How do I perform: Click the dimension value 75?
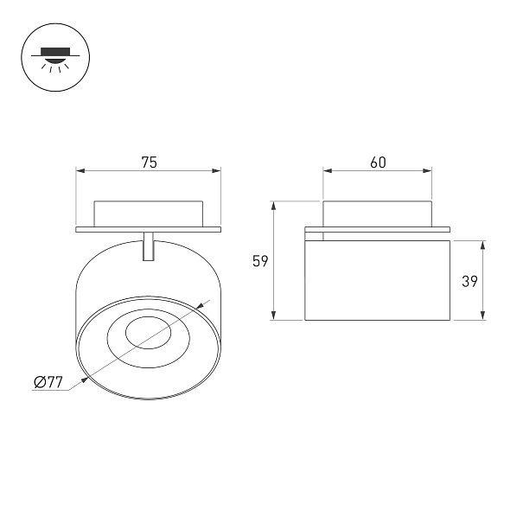tap(149, 163)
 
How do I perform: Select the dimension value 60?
tap(379, 163)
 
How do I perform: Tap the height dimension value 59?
tap(260, 261)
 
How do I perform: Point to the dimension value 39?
tap(469, 281)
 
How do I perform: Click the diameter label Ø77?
tap(48, 382)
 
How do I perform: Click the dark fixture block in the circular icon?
tap(55, 51)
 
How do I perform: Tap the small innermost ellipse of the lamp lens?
tap(149, 333)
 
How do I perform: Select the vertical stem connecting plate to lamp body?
tap(149, 246)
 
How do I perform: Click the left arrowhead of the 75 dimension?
tap(80, 171)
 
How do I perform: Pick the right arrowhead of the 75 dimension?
tap(216, 171)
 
